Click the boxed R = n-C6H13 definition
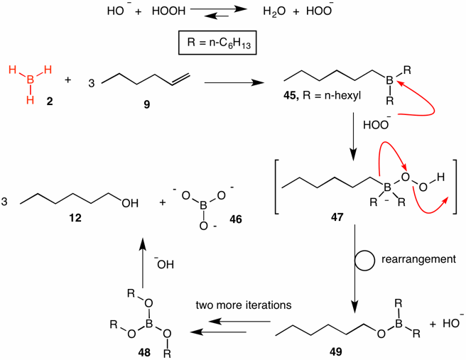pos(217,43)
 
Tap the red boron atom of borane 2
pos(30,80)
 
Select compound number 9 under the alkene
pos(147,104)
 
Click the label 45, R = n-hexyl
pos(323,96)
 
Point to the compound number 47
pos(337,217)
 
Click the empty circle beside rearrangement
pos(364,261)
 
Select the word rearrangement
pos(418,259)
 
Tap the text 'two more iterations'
pos(244,305)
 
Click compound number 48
pos(144,352)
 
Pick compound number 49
pos(336,351)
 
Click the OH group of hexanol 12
pos(130,203)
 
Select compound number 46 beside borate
pos(236,219)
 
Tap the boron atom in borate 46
pos(203,205)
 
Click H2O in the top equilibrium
pos(274,11)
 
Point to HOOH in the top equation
pos(168,11)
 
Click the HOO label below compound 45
pos(376,124)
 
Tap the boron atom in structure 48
pos(148,324)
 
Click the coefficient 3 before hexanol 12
pos(4,202)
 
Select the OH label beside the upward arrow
pos(164,264)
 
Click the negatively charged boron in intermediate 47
pos(387,187)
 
